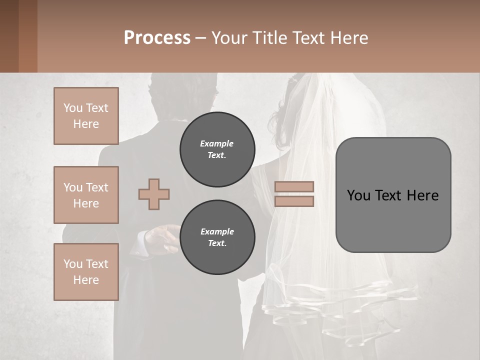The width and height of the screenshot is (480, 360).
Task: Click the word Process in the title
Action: (x=157, y=38)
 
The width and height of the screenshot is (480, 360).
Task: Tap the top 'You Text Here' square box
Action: (x=86, y=116)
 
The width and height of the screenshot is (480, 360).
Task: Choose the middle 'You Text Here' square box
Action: (x=86, y=195)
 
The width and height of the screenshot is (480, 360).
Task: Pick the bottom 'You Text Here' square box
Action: (x=86, y=272)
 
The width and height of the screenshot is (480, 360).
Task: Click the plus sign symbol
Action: (x=154, y=194)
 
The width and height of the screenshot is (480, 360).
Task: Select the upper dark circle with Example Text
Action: (x=217, y=149)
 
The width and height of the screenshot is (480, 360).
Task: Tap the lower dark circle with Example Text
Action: (x=217, y=237)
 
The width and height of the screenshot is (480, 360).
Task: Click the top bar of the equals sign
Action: (x=294, y=187)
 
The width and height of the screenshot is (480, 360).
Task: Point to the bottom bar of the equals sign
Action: (x=294, y=201)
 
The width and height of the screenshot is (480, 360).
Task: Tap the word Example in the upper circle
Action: (x=217, y=144)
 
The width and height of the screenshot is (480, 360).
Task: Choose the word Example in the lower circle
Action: (x=217, y=232)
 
